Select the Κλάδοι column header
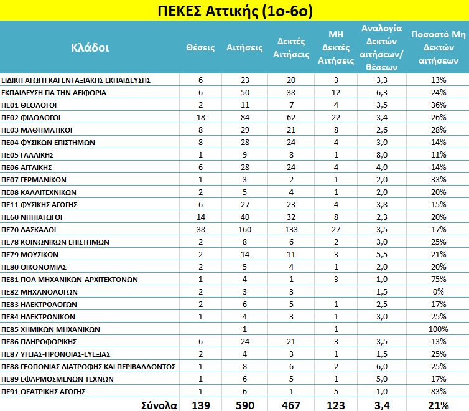(90, 47)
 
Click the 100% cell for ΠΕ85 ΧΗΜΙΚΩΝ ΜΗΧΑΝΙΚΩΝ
(439, 329)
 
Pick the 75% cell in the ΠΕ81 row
(439, 279)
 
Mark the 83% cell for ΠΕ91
(439, 391)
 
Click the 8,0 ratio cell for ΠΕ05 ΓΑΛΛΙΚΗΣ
(381, 154)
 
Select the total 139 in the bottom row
(201, 405)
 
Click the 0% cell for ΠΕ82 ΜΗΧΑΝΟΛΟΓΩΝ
(439, 291)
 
